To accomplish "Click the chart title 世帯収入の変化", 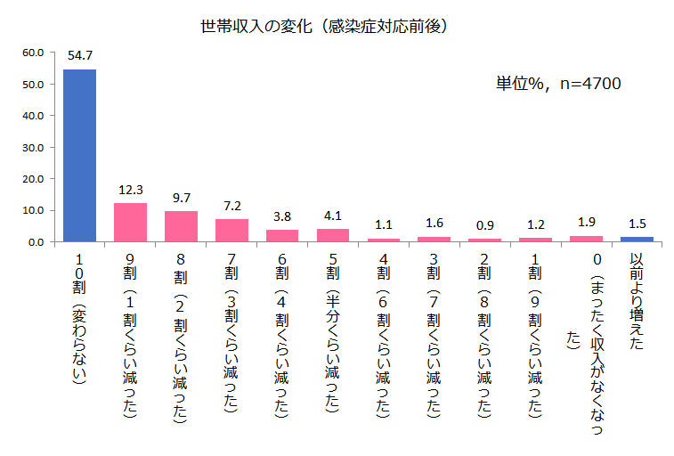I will point(324,26).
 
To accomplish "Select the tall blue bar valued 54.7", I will point(79,155).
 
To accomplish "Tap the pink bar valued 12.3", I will point(130,223).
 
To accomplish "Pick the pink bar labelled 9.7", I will point(181,226).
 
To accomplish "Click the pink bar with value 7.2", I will point(231,231).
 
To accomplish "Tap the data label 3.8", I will point(282,216).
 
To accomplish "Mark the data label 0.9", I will point(485,225).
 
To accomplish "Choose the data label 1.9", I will point(586,222).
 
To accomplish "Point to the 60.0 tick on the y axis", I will point(33,53).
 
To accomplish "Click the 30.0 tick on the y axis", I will point(33,147).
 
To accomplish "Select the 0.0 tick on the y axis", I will point(36,241).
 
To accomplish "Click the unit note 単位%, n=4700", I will point(558,84).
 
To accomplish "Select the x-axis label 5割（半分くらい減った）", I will point(333,334).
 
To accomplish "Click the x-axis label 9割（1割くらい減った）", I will point(130,334).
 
